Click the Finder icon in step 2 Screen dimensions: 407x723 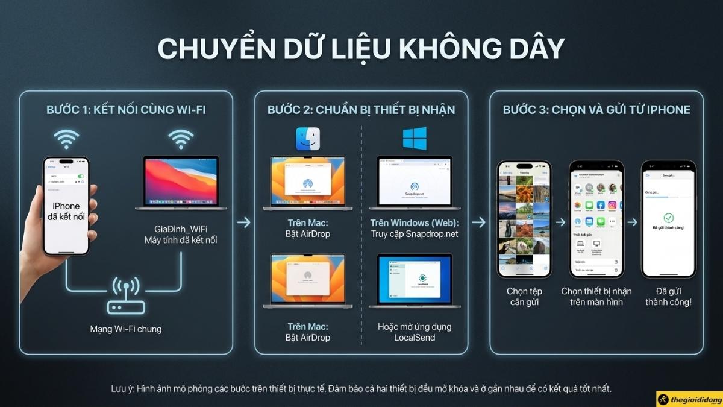(308, 139)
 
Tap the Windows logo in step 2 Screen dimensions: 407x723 (415, 138)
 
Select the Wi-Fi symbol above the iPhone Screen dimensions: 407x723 (66, 139)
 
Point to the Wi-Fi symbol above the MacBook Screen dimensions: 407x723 (181, 139)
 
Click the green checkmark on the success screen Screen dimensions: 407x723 (668, 218)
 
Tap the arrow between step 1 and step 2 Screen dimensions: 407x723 (243, 222)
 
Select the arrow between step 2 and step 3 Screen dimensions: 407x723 (478, 222)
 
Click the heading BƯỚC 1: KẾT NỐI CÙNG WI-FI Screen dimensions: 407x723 (125, 110)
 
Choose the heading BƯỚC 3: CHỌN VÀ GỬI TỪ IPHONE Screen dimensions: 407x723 (596, 110)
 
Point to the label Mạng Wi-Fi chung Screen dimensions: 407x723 (125, 329)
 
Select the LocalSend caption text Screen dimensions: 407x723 (415, 338)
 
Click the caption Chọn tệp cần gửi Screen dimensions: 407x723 (525, 297)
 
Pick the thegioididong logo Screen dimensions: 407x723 (689, 399)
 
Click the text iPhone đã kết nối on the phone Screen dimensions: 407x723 (66, 212)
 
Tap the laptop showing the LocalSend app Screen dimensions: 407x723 (415, 281)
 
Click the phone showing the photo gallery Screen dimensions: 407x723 (524, 218)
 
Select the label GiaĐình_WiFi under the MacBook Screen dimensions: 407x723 (181, 229)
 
